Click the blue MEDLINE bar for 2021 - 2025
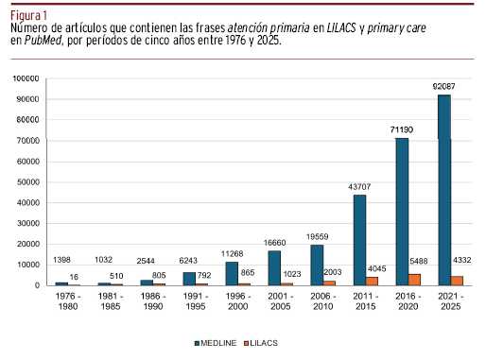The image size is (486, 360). [444, 190]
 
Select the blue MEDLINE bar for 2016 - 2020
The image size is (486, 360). [402, 212]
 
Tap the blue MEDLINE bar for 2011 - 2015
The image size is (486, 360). [359, 240]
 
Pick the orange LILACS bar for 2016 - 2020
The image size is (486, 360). [414, 280]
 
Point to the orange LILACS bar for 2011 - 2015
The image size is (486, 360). [372, 282]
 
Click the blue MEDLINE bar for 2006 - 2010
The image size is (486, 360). [317, 266]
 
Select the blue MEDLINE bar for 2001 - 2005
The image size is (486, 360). [274, 268]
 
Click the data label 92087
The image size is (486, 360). [443, 86]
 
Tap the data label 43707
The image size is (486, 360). [359, 187]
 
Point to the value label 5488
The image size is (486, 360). [419, 261]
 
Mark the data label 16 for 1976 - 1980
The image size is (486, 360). [74, 277]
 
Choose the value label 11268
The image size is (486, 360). [232, 254]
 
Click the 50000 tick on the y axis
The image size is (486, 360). [28, 182]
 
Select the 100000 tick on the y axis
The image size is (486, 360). [26, 78]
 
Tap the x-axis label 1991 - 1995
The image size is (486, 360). [196, 301]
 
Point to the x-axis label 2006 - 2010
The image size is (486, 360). [323, 301]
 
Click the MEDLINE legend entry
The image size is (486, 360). [216, 343]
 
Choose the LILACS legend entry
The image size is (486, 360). [261, 343]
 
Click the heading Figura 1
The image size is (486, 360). [28, 15]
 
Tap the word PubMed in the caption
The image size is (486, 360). [43, 41]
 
